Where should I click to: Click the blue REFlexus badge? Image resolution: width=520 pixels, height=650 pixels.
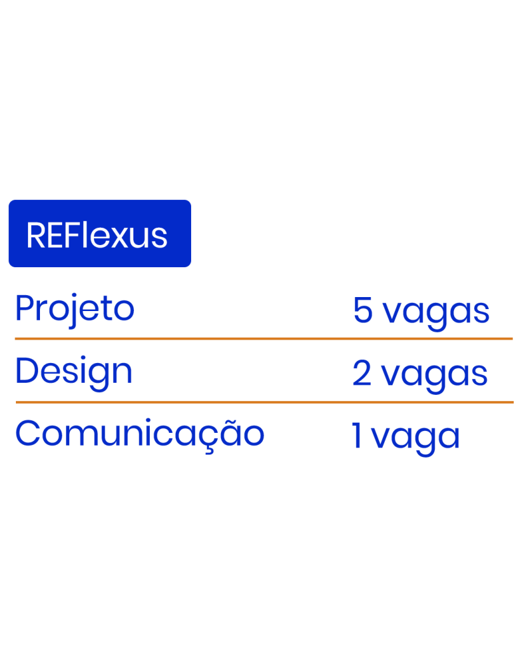tap(100, 233)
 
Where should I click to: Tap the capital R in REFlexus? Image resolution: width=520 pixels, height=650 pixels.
tap(36, 235)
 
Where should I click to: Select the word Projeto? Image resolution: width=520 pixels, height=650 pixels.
tap(74, 310)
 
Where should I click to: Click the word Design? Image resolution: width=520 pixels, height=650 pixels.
tap(74, 373)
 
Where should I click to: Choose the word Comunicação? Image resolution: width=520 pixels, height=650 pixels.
tap(140, 434)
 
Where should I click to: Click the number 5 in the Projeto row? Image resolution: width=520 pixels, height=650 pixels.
tap(363, 311)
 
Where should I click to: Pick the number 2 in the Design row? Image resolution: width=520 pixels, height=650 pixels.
tap(361, 374)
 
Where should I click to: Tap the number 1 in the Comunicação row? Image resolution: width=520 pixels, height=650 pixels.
tap(357, 437)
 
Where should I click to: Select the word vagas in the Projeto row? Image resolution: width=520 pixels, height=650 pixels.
tap(436, 313)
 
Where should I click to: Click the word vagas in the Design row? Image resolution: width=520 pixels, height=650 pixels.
tap(434, 376)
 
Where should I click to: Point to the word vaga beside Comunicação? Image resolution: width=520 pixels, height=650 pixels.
tap(415, 439)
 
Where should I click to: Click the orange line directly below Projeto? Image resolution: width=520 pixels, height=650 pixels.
tap(263, 339)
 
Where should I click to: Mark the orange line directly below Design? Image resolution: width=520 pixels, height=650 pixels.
tap(264, 402)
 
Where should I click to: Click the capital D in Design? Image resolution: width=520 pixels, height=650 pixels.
tap(25, 371)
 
